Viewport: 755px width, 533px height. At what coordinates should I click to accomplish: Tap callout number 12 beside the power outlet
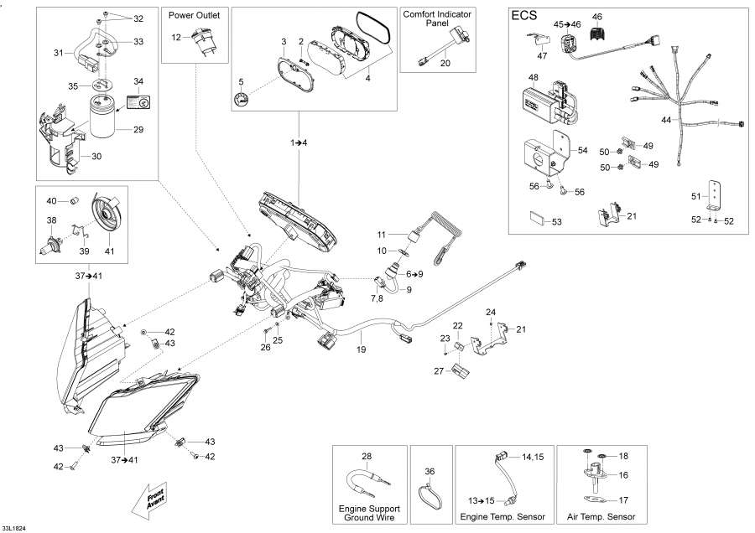click(176, 38)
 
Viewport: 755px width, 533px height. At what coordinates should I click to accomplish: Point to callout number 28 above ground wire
click(367, 456)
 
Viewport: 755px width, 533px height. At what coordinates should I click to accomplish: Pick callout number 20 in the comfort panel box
click(445, 64)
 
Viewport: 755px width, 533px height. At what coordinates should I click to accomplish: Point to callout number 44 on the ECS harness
click(665, 121)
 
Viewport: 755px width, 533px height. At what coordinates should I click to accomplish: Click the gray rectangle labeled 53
click(536, 221)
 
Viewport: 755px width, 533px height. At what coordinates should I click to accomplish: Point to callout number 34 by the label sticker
click(138, 81)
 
